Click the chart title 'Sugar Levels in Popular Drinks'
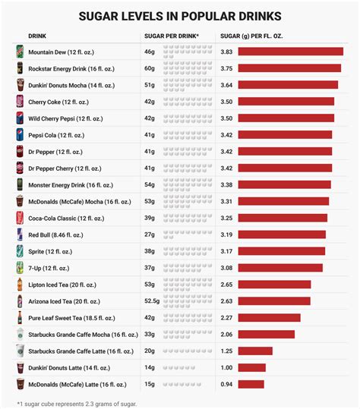click(179, 15)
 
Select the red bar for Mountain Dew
click(290, 52)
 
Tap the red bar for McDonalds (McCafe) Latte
click(251, 384)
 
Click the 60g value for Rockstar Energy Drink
click(150, 68)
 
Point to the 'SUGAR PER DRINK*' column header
click(172, 36)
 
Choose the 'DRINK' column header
click(37, 36)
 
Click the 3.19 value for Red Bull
click(226, 234)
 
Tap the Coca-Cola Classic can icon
click(20, 218)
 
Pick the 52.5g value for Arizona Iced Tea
click(153, 301)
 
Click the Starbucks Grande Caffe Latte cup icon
click(20, 351)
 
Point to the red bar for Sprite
click(281, 251)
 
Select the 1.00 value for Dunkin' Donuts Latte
click(226, 367)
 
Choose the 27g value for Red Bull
click(150, 234)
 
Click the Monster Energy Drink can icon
click(20, 184)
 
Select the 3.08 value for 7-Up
click(226, 268)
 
